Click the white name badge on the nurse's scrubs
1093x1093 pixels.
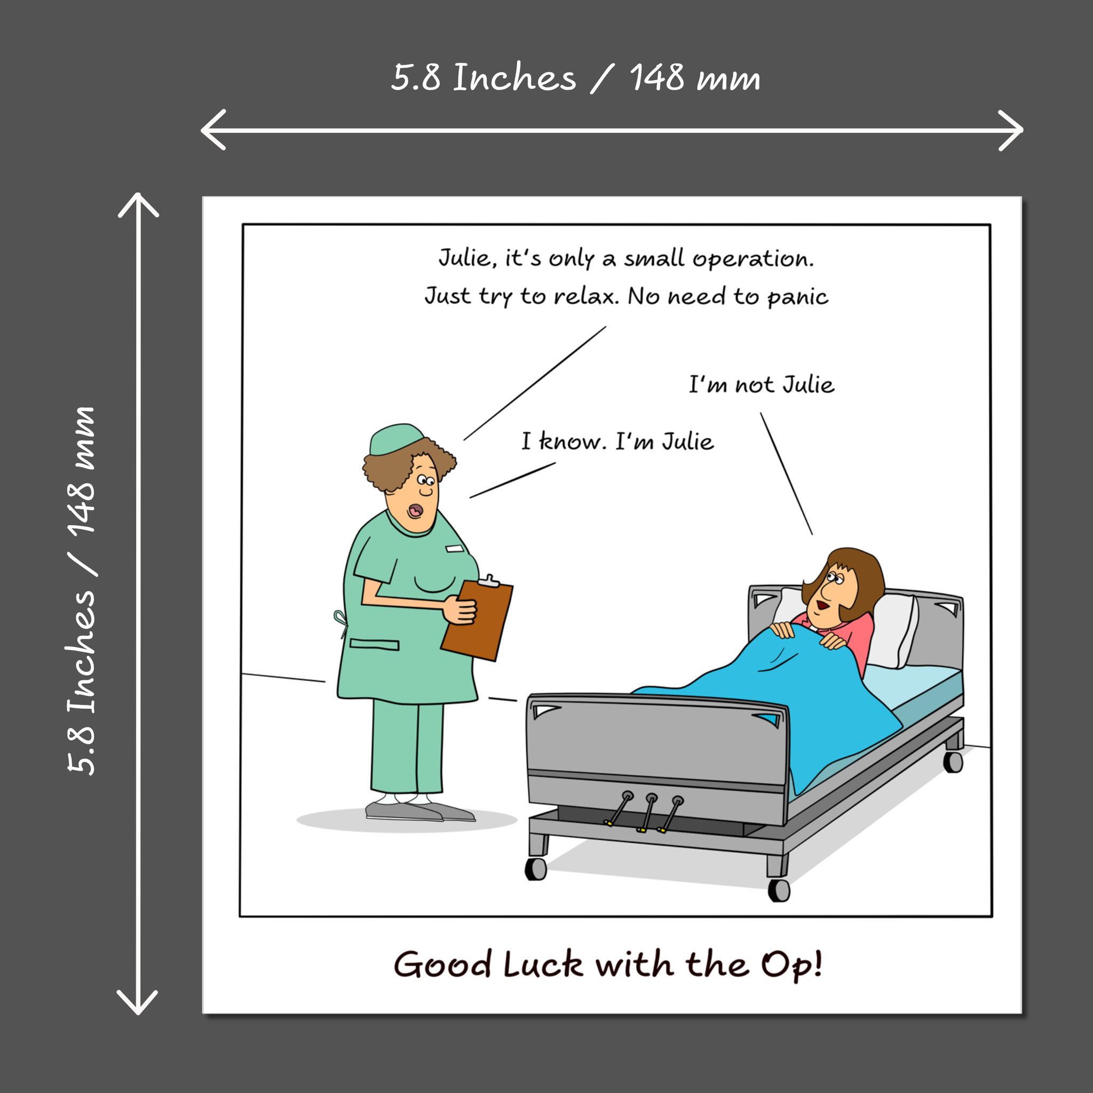point(454,549)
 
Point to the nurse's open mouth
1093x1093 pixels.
point(415,510)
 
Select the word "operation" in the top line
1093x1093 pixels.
point(753,259)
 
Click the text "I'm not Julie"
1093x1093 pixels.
point(761,385)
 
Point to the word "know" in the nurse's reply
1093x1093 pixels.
point(572,442)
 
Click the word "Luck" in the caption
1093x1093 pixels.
point(543,964)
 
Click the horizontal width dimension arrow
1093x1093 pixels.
point(612,130)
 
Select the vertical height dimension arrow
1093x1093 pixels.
point(138,604)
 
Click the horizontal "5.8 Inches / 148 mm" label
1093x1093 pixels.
point(575,77)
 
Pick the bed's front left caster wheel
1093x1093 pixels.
point(536,869)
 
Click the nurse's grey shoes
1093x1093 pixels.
point(418,812)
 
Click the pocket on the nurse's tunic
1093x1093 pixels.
point(374,644)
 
